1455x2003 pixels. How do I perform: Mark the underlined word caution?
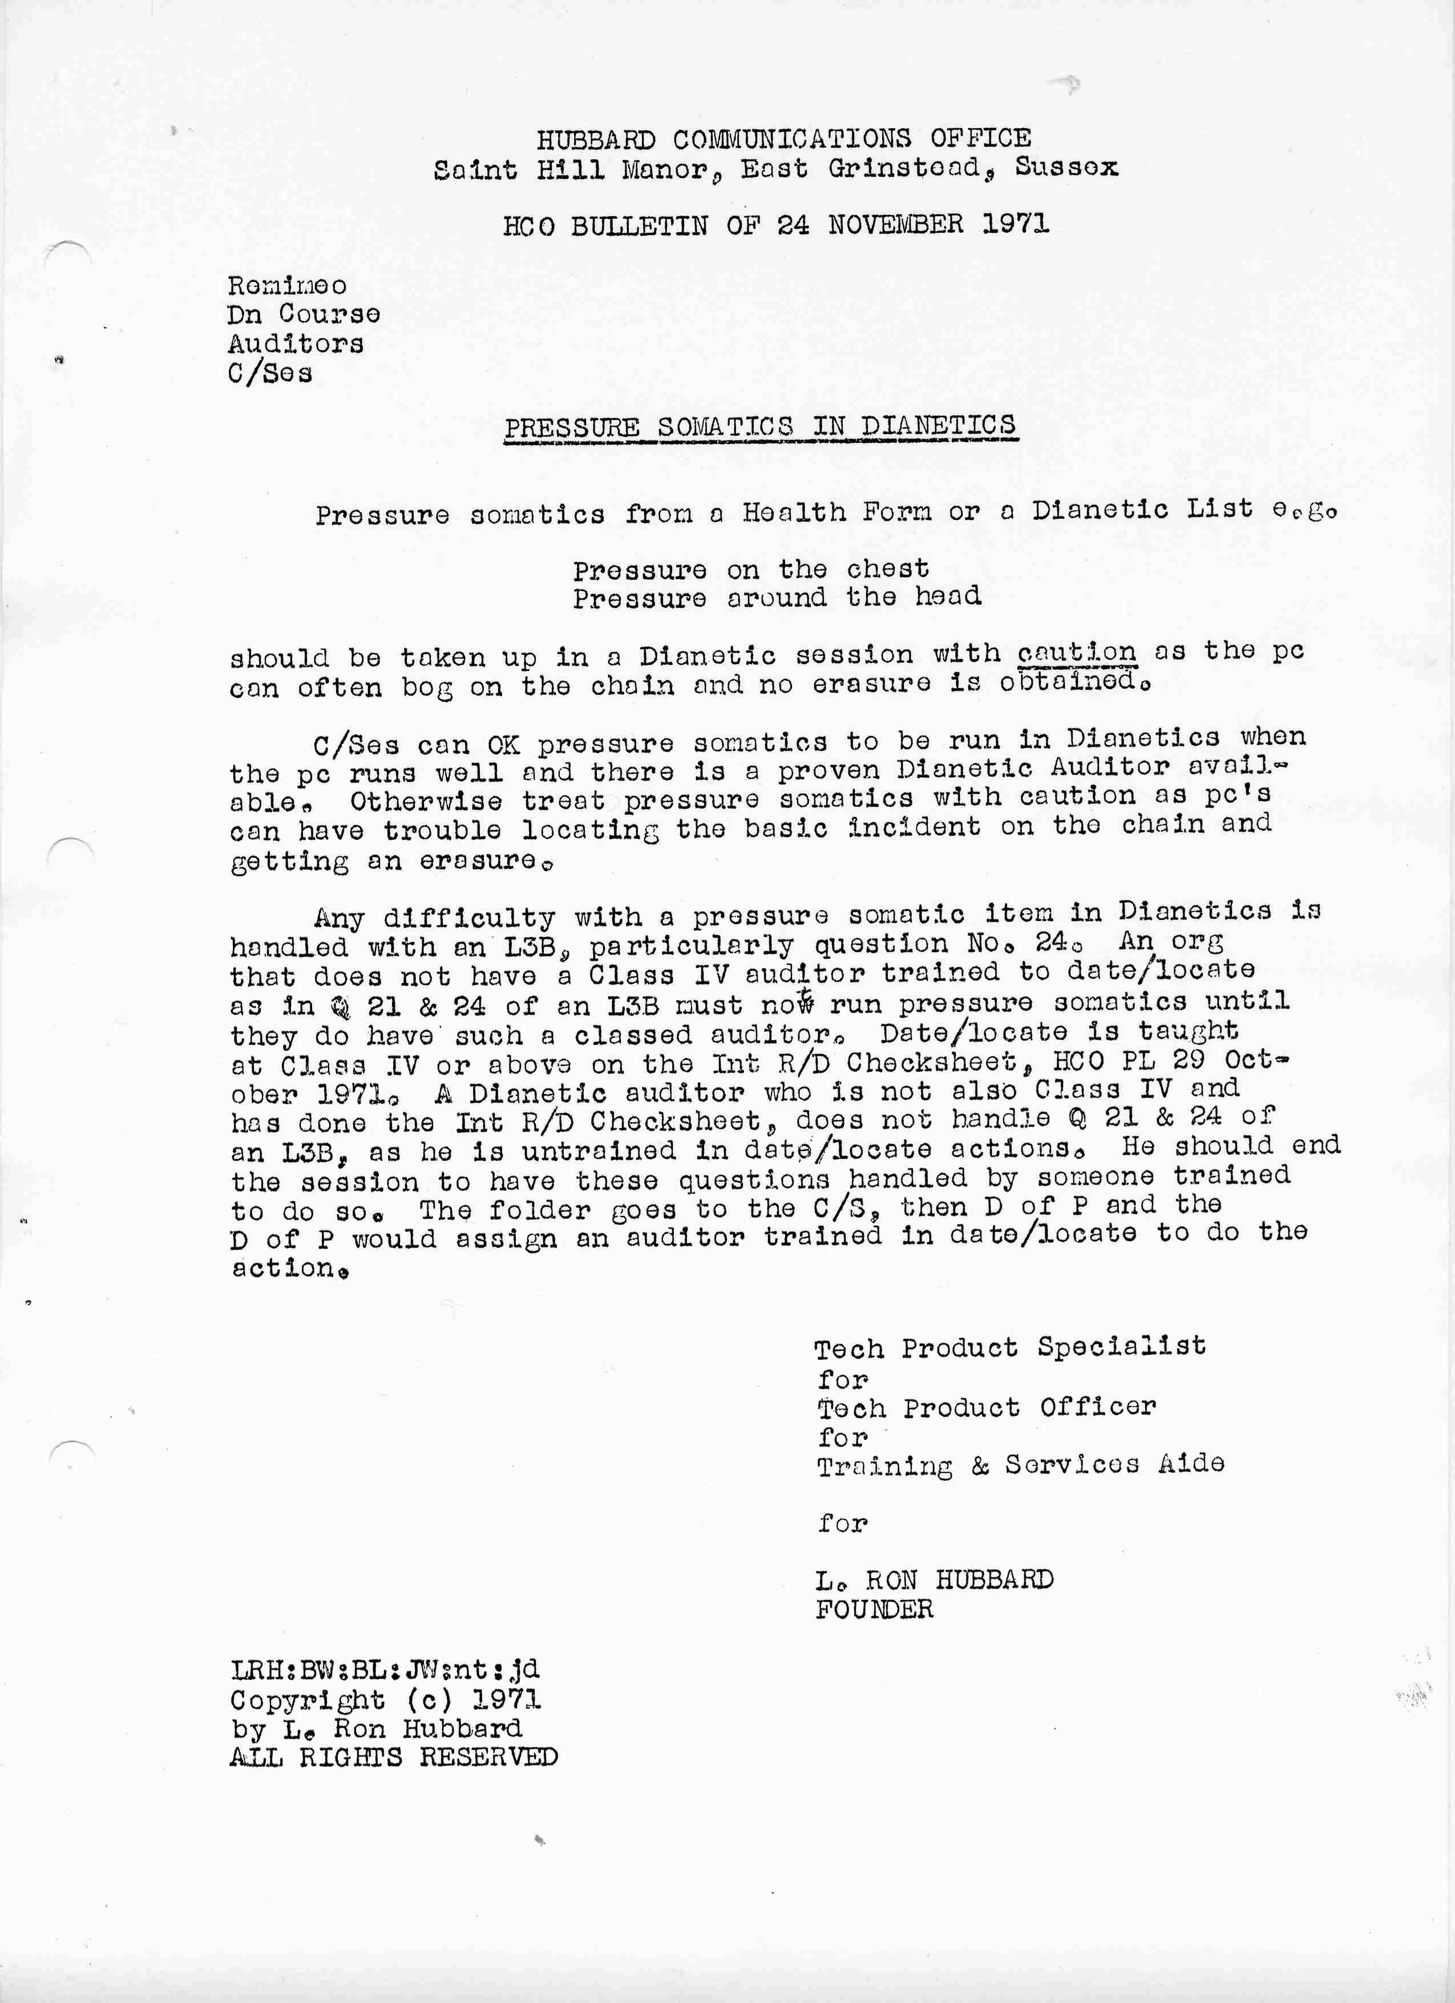[1076, 653]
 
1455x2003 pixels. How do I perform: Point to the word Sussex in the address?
[1066, 167]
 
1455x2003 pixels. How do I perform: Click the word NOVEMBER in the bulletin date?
[895, 224]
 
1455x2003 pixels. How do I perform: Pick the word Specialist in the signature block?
[1121, 1346]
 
